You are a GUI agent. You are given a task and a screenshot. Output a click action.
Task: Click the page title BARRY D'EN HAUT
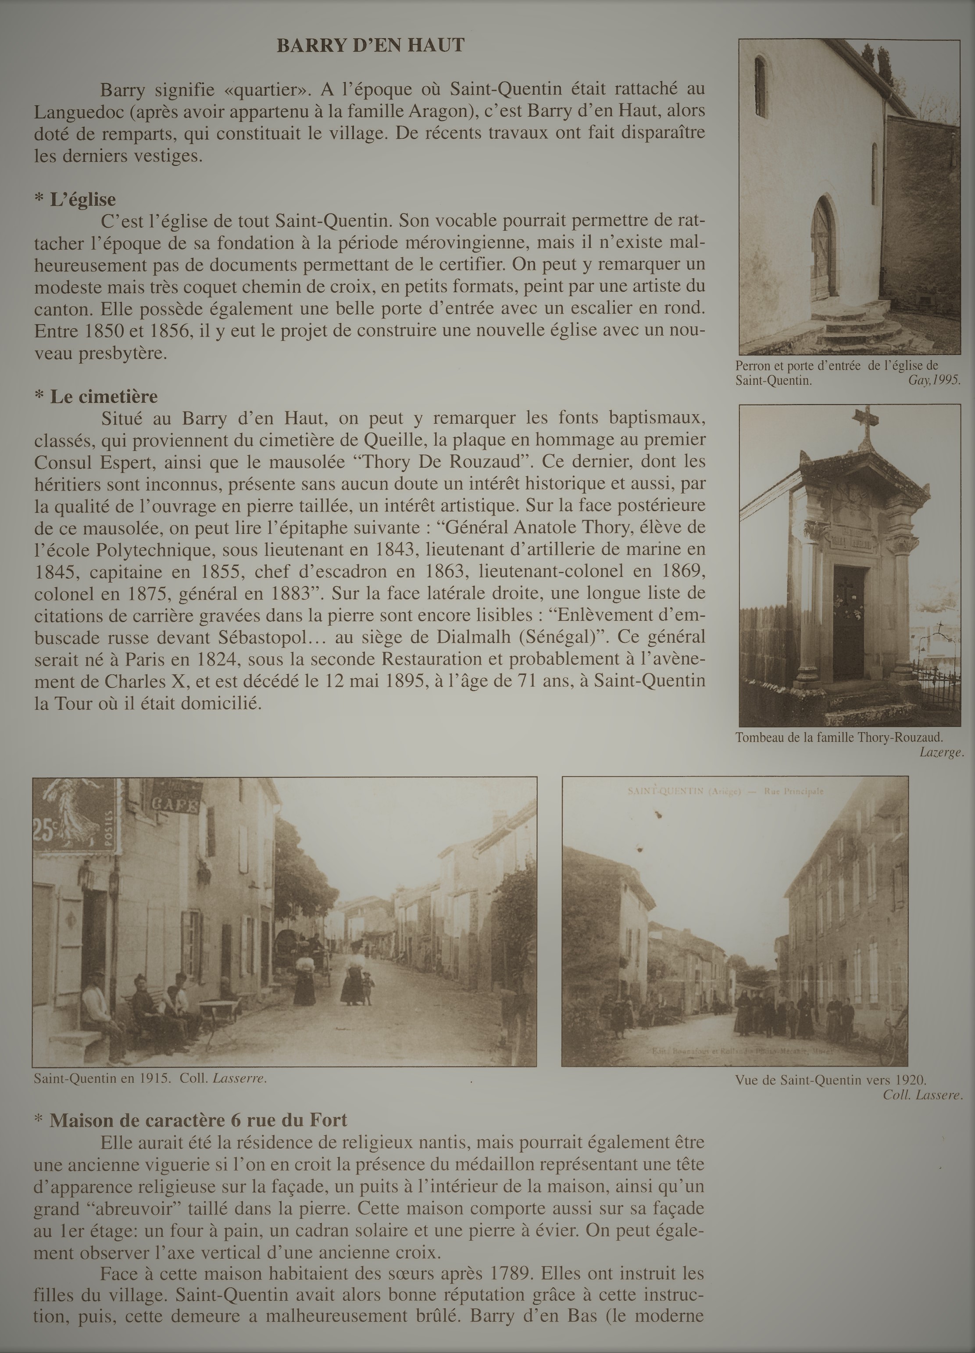coord(370,46)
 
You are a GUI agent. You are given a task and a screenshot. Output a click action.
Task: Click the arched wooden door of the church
coord(824,249)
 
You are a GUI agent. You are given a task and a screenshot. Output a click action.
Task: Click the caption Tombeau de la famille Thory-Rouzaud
coord(839,737)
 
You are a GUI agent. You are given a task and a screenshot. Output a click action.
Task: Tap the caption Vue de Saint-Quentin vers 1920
coord(831,1080)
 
